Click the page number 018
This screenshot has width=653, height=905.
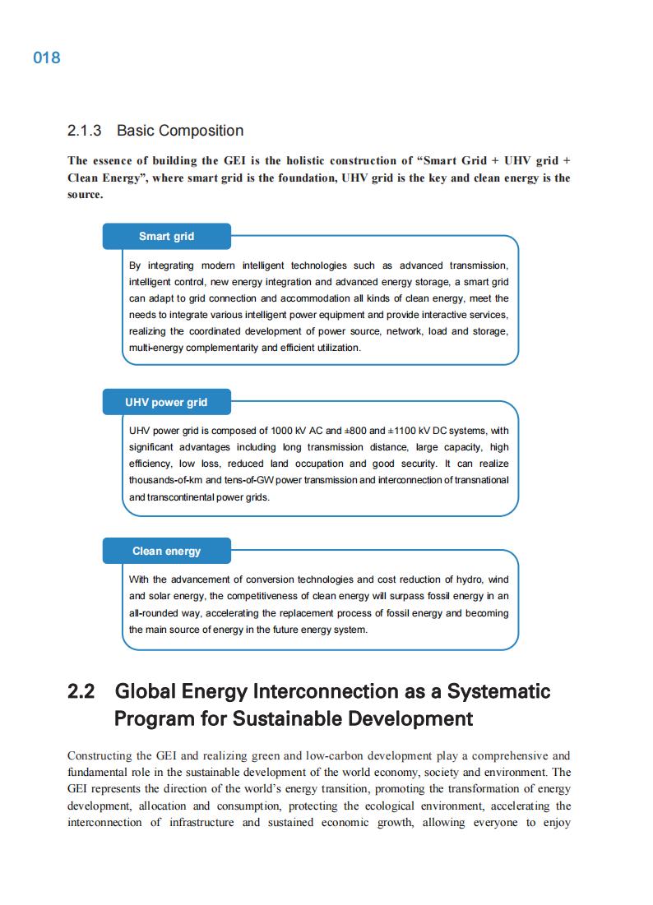tap(47, 58)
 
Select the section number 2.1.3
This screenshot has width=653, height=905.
tap(84, 131)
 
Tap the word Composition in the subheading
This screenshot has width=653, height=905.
tap(201, 131)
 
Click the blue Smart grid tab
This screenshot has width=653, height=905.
tap(166, 236)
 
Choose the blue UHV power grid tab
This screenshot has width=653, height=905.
tap(166, 402)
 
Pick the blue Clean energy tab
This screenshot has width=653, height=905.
tap(166, 551)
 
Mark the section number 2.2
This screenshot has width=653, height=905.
tap(81, 691)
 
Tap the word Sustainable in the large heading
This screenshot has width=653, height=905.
tap(289, 719)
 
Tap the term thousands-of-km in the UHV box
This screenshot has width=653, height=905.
tap(166, 480)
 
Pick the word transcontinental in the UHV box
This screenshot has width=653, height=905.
tap(188, 497)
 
